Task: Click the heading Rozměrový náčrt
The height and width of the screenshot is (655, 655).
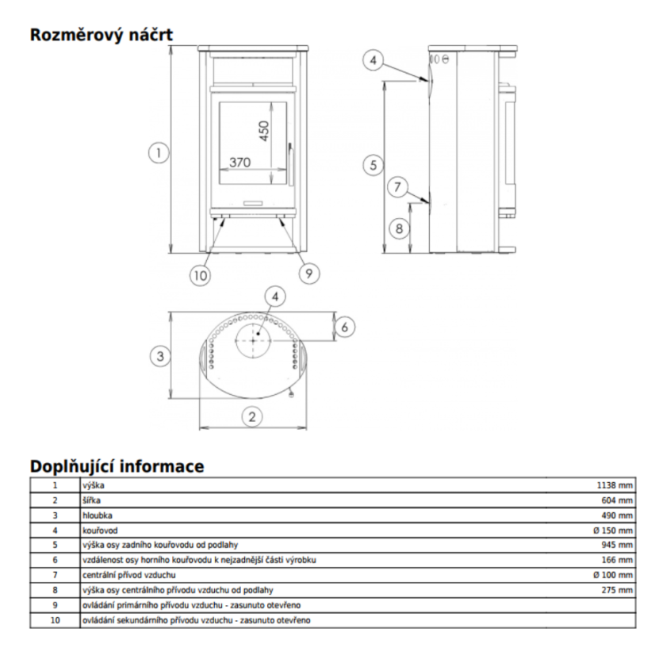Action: click(101, 35)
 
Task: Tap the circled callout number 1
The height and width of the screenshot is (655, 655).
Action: click(159, 153)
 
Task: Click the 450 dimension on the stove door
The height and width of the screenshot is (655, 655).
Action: click(264, 131)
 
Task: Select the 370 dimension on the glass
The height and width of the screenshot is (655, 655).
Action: click(239, 162)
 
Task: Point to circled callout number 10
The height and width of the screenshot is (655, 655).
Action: click(201, 276)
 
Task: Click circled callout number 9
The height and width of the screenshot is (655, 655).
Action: click(309, 274)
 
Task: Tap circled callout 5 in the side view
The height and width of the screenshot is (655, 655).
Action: click(373, 165)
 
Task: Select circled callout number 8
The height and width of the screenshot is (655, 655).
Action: click(399, 228)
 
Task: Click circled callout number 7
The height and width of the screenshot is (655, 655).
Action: click(398, 186)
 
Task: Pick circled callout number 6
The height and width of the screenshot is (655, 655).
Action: click(345, 327)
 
